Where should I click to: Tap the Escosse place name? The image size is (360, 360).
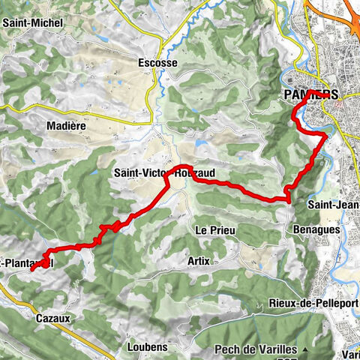pos(157,64)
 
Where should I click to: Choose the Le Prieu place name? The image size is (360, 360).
pos(214,229)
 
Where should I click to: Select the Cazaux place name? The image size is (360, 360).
pos(53,318)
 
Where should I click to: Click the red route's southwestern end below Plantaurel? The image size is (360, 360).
pos(32,268)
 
